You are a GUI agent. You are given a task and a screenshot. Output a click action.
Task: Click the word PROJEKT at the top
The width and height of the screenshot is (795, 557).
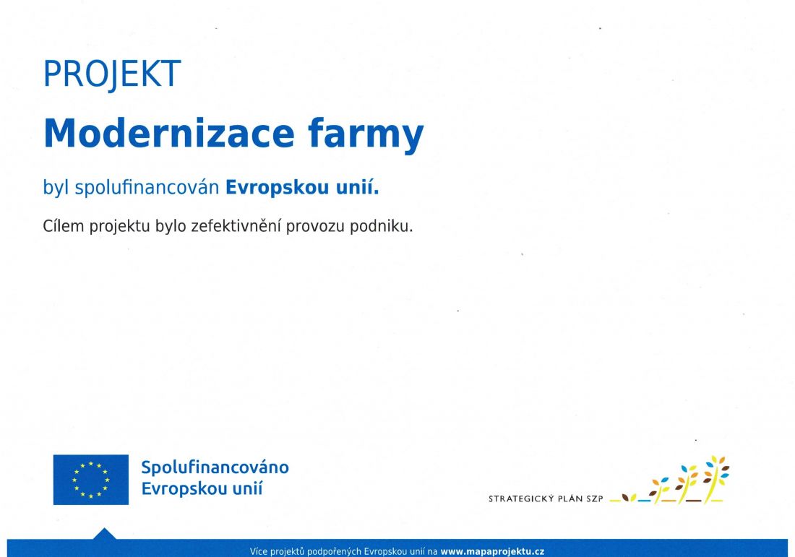(112, 74)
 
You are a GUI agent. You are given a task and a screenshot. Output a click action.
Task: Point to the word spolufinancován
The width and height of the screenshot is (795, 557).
(147, 188)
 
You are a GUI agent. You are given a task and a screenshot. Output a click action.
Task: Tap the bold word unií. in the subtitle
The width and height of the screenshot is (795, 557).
(358, 187)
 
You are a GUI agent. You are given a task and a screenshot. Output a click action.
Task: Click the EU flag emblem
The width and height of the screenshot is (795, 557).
(91, 480)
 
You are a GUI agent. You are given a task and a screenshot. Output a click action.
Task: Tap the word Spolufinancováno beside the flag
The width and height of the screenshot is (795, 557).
(215, 467)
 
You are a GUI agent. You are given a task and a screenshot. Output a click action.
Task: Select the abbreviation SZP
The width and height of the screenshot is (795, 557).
(595, 498)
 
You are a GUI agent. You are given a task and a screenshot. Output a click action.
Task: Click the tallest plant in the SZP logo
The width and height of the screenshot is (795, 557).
(714, 478)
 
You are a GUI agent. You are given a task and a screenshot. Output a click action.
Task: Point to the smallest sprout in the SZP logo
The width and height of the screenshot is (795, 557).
(629, 498)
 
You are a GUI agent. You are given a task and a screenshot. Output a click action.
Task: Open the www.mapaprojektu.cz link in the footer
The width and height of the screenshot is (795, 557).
(492, 551)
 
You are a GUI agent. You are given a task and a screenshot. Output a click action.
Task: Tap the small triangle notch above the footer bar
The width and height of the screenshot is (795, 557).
(105, 534)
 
